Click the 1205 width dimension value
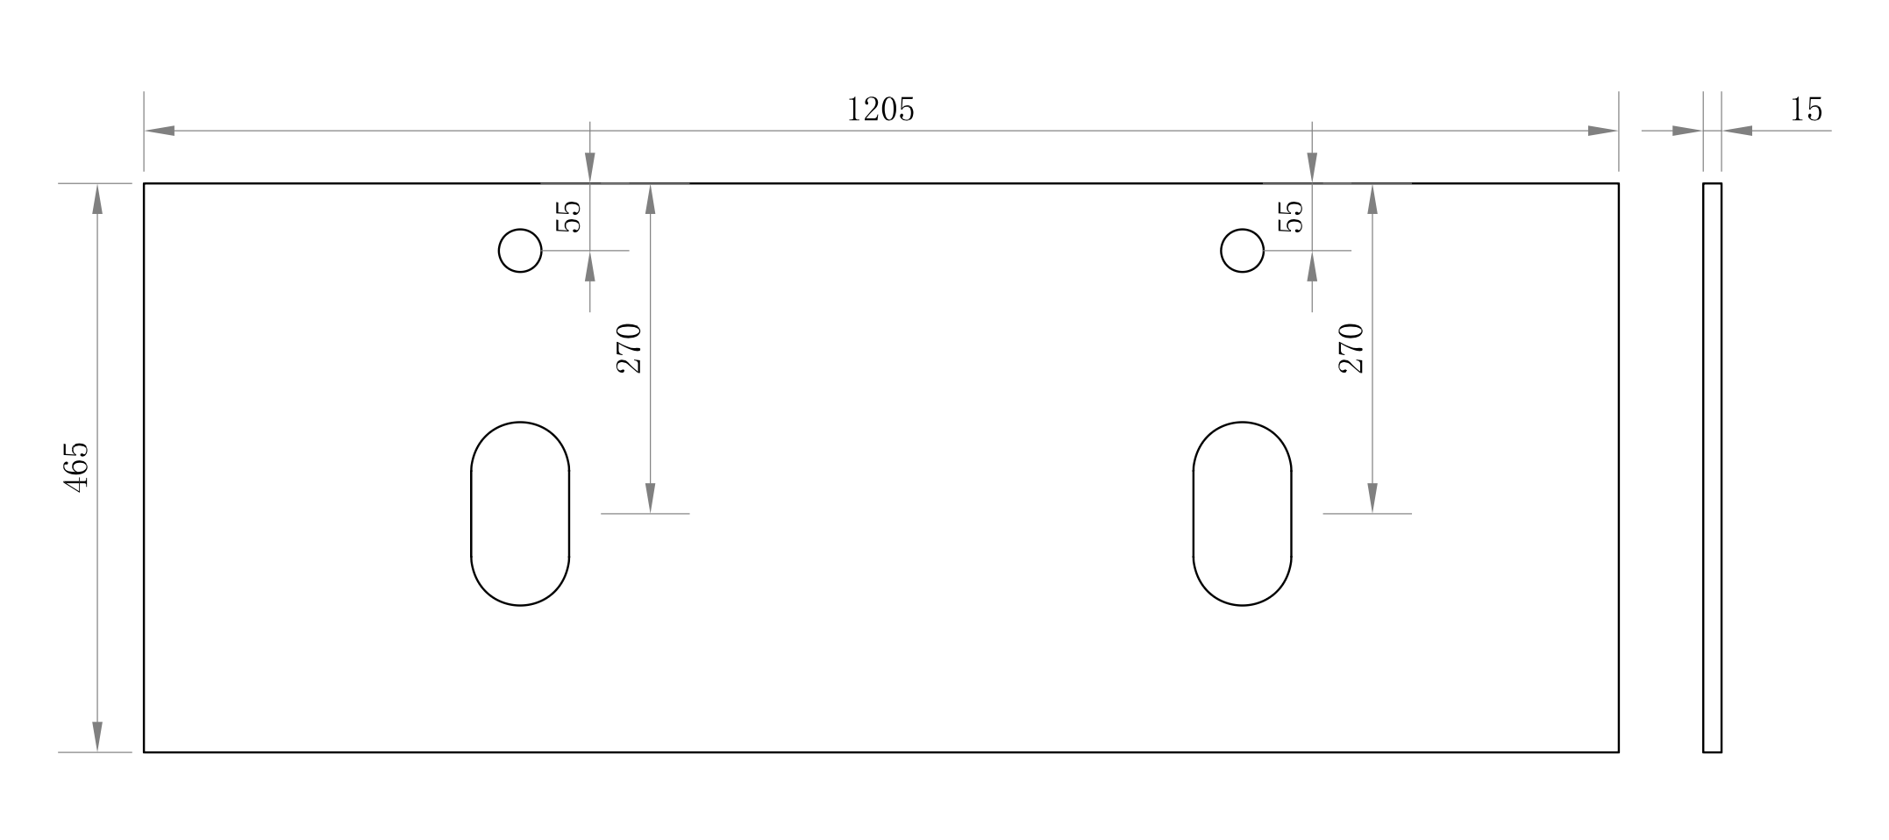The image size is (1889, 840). point(880,110)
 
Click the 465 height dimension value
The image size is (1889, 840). point(77,466)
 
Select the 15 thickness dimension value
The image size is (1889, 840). point(1806,110)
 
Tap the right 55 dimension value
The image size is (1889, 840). point(1291,216)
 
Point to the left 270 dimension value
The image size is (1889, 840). point(630,348)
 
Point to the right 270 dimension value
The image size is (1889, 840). point(1351,348)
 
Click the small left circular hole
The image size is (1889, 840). point(520,251)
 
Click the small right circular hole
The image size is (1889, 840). point(1242,251)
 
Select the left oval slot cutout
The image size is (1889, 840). point(520,514)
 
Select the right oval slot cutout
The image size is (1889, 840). point(1242,514)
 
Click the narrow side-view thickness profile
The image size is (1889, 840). point(1712,467)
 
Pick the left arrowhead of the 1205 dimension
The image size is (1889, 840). point(160,131)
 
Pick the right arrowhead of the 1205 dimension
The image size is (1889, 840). point(1602,131)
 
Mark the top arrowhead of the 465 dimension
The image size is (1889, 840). point(97,199)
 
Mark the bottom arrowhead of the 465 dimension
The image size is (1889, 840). point(97,737)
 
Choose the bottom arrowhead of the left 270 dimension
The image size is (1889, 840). point(650,498)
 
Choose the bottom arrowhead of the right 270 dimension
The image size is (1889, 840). point(1372,498)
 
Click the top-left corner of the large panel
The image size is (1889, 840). point(145,184)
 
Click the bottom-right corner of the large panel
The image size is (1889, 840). point(1618,751)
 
